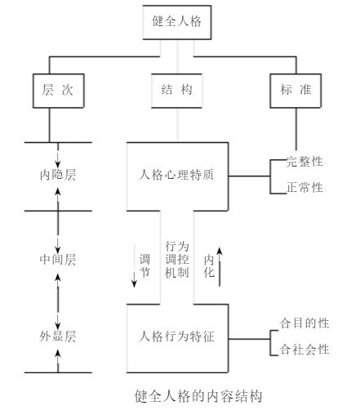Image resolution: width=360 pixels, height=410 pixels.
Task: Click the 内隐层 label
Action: (x=58, y=175)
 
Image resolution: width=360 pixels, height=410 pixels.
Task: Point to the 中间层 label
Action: (x=58, y=260)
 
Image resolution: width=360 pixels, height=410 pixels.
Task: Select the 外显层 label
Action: (x=58, y=336)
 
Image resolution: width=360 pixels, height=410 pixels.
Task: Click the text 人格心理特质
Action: (x=176, y=175)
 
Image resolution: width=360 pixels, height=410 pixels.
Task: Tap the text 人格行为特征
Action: (x=176, y=336)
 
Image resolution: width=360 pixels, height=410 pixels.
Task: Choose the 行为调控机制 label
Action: (x=177, y=260)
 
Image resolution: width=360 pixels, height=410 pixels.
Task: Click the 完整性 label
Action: (x=304, y=162)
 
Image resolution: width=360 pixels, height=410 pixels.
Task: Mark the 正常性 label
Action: (x=304, y=187)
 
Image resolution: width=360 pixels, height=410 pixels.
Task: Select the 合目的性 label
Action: (x=304, y=323)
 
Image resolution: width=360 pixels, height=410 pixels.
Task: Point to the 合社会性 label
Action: (x=304, y=349)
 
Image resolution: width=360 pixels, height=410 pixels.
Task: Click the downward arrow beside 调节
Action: (x=134, y=265)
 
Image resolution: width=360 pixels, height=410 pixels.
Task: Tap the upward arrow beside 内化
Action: (x=220, y=267)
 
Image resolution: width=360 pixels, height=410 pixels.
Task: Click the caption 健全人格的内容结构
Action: (x=198, y=396)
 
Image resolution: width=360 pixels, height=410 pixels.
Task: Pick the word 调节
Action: (x=144, y=265)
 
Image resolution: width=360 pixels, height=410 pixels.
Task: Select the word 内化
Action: (x=209, y=266)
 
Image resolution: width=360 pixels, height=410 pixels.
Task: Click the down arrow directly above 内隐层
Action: (x=58, y=155)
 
